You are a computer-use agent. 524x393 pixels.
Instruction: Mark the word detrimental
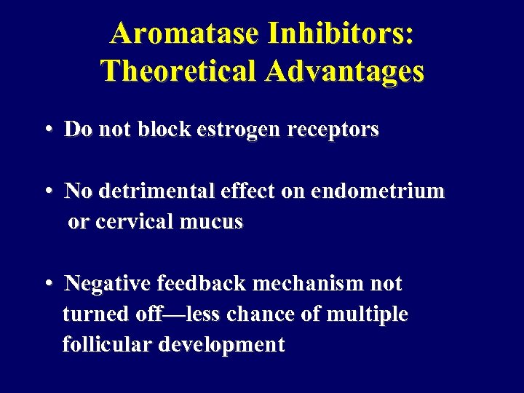[x=157, y=191]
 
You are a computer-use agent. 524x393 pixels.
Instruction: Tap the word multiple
[x=369, y=314]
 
